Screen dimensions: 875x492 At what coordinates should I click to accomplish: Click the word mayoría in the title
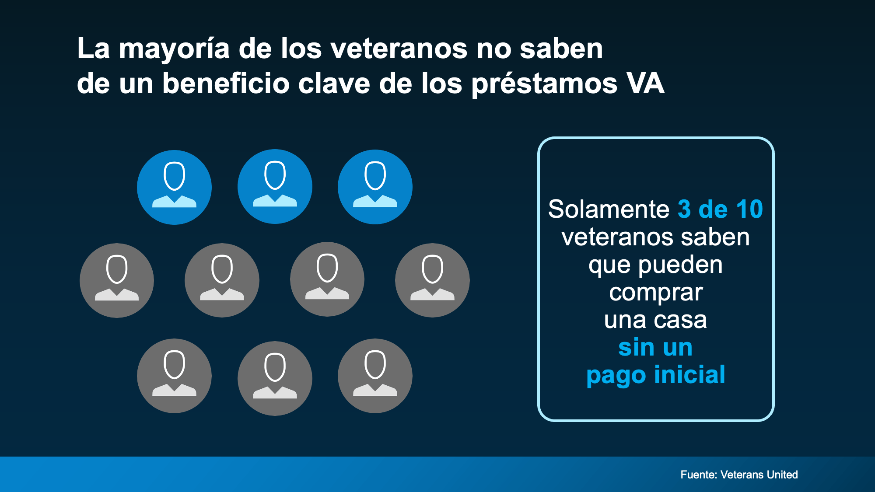pos(174,49)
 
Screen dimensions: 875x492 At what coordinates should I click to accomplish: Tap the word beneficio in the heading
pos(226,83)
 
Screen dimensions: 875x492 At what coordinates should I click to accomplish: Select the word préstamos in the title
pos(544,84)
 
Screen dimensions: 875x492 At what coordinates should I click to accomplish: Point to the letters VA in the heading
pos(645,83)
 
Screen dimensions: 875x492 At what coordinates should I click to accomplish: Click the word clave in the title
pos(334,83)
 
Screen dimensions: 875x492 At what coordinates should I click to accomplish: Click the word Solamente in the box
pos(609,209)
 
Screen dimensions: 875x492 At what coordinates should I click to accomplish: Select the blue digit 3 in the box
pos(684,209)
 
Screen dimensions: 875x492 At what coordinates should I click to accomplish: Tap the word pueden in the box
pos(680,265)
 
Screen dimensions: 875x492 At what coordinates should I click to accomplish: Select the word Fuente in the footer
pos(699,475)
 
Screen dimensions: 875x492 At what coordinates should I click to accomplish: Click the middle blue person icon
pos(275,187)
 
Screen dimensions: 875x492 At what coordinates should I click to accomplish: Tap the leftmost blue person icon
pos(174,187)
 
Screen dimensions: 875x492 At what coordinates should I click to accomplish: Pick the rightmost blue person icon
pos(375,187)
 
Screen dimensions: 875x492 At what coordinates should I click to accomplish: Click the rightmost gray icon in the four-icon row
pos(432,280)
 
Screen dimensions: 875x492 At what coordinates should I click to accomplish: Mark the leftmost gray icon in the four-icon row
pos(117,280)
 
